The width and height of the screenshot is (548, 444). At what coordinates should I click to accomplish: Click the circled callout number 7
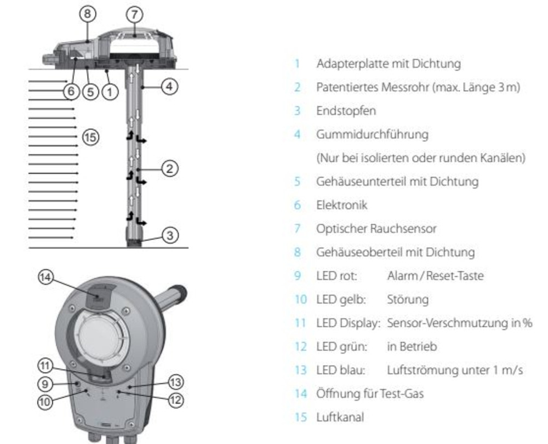[x=135, y=15]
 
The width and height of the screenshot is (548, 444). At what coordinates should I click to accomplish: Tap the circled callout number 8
[x=87, y=14]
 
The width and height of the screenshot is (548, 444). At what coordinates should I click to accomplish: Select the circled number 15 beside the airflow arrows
[x=90, y=136]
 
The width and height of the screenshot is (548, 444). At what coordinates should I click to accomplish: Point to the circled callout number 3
[x=170, y=235]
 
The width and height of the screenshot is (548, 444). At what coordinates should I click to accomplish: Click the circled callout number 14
[x=46, y=277]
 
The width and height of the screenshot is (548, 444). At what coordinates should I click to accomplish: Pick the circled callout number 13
[x=175, y=382]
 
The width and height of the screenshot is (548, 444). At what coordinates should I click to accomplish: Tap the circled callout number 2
[x=169, y=168]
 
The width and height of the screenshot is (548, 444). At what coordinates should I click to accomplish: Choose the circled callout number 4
[x=169, y=86]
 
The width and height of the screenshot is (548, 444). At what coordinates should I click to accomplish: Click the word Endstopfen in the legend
[x=346, y=111]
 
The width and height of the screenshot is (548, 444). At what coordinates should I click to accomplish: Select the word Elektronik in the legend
[x=342, y=205]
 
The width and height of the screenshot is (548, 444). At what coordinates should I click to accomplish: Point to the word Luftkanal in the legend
[x=340, y=417]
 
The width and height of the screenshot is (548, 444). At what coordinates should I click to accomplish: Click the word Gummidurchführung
[x=372, y=135]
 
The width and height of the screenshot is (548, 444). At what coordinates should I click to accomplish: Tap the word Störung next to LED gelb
[x=408, y=300]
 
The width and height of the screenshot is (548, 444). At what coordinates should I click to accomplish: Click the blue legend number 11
[x=300, y=323]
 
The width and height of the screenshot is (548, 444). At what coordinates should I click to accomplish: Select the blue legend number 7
[x=298, y=229]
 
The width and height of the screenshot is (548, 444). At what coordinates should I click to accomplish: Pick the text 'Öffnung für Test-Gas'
[x=370, y=394]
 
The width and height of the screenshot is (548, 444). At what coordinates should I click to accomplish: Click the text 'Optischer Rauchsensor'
[x=376, y=229]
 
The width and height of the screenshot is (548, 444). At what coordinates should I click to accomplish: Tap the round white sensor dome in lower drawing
[x=101, y=337]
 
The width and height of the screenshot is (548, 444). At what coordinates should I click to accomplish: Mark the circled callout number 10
[x=45, y=402]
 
